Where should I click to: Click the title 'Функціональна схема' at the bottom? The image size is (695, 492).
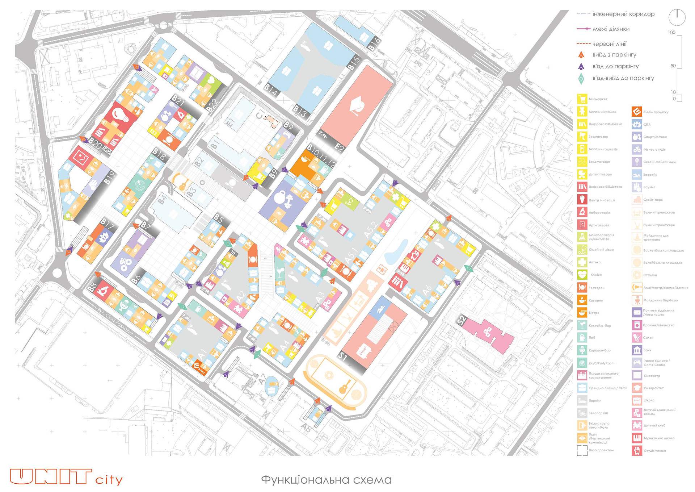point(326,480)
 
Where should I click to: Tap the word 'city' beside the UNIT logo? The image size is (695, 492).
point(109,480)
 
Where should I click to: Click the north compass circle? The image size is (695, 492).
point(677,17)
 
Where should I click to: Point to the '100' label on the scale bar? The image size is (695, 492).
point(671,33)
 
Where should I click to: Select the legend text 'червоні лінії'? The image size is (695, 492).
point(609,44)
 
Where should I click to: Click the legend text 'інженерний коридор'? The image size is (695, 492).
point(623,14)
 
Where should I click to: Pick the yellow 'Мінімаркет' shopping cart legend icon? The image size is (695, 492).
point(582,99)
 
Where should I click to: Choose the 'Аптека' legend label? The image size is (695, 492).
point(594,262)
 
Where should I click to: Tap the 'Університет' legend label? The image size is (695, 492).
point(653,388)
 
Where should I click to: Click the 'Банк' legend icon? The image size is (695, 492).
point(637,350)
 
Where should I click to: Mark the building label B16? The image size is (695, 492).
point(374,43)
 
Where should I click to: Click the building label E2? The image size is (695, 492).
point(339,147)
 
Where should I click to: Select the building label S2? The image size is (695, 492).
point(462,321)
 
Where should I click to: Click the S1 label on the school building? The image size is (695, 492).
point(342,357)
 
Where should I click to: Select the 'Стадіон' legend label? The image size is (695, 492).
point(650,275)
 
